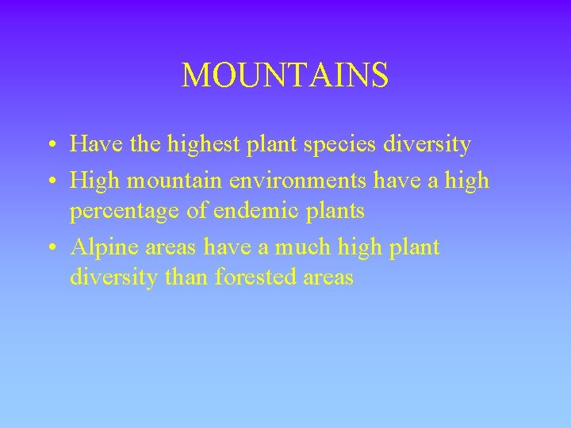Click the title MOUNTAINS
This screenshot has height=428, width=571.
click(285, 76)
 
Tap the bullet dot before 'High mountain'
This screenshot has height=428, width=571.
click(51, 182)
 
